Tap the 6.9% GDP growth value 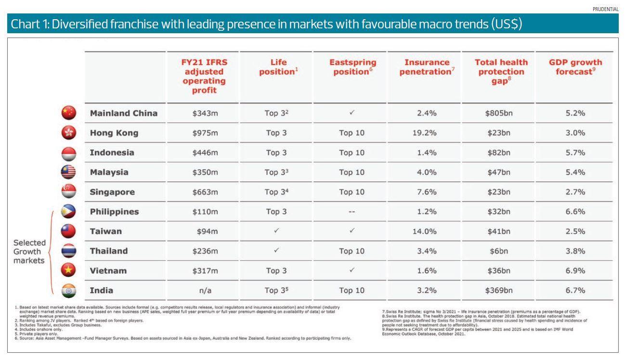(x=575, y=271)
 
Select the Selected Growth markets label (x=30, y=251)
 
